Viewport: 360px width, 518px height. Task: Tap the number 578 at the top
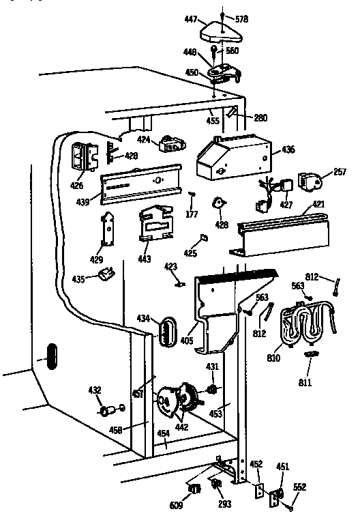pos(241,19)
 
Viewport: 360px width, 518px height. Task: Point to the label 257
pos(340,173)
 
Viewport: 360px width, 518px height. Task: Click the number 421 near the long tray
pos(318,205)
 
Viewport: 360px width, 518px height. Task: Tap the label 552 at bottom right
pos(299,487)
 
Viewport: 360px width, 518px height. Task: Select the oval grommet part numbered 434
pos(167,332)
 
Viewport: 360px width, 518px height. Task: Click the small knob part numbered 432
pos(106,412)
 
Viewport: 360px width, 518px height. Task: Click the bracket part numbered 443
pos(156,223)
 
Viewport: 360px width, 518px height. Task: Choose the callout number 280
pos(261,117)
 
